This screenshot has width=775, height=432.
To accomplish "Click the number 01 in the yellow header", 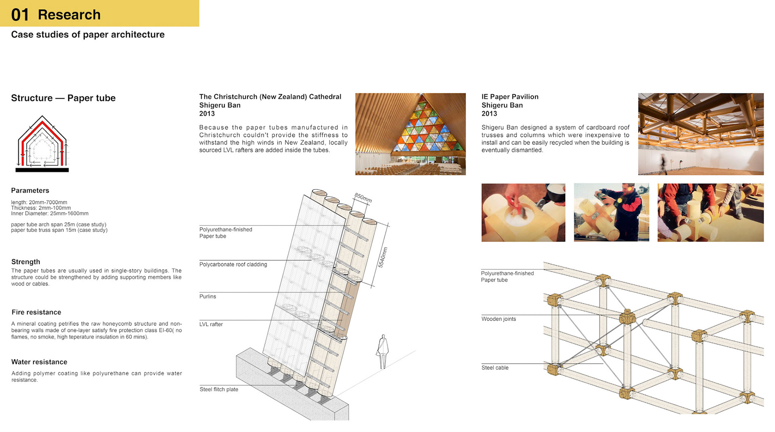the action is [20, 15].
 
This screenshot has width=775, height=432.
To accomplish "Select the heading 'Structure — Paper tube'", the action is [63, 98].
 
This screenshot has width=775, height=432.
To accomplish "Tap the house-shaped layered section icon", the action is [42, 144].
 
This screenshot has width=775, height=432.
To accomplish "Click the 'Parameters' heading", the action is [30, 191].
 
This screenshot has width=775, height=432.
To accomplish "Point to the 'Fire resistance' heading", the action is [36, 312].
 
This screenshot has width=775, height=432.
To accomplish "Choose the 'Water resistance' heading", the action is [39, 362].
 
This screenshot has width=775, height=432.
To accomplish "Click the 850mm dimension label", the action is [363, 198].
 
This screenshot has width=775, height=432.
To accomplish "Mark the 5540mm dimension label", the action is [382, 257].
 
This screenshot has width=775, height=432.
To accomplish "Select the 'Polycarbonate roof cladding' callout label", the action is [233, 264].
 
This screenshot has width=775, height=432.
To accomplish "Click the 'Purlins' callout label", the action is [207, 296].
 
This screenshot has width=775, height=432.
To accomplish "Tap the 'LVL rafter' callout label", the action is [211, 324].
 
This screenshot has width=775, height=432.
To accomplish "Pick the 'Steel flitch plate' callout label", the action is [219, 389].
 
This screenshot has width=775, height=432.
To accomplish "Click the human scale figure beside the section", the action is [383, 351].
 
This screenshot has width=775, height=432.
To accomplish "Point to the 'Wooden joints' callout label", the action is [499, 319].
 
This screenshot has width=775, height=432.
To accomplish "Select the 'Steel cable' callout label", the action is [495, 368].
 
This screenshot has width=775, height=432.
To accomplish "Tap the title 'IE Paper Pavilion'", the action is [510, 97].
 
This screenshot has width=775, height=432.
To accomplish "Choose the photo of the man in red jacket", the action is [611, 213].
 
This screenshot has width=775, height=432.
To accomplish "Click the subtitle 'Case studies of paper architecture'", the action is [88, 35].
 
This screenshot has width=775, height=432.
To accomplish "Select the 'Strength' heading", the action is [25, 262].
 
